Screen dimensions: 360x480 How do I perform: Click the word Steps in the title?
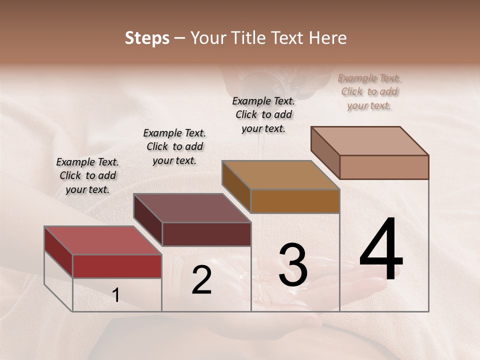147,38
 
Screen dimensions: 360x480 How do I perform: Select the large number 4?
381,250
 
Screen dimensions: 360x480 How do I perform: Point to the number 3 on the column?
292,265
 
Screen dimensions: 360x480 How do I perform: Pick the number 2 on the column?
201,280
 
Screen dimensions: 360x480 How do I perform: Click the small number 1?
115,295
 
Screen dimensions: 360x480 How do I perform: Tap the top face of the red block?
102,240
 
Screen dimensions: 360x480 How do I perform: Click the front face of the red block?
117,266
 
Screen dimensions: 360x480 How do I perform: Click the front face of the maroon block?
206,234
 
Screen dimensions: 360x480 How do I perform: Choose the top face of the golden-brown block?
280,175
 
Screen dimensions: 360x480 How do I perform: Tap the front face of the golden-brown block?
295,201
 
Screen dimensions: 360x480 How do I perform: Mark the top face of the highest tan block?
369,141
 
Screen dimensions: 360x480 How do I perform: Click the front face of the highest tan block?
384,167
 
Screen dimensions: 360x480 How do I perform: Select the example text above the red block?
87,175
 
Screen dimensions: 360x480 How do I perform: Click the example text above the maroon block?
174,146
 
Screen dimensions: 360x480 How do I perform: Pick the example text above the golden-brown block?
263,114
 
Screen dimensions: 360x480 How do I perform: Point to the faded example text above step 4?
369,91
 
